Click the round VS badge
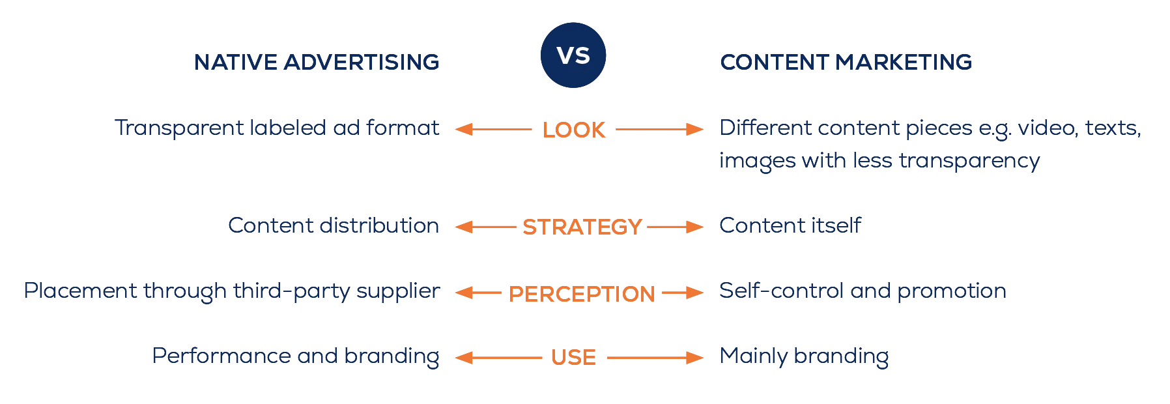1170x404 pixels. [x=573, y=55]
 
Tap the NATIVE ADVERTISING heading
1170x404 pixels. [x=317, y=63]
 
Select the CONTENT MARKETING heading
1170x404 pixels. [x=846, y=63]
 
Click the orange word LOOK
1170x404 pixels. [x=574, y=130]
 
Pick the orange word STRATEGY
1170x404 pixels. [x=582, y=227]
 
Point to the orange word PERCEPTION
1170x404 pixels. [x=582, y=294]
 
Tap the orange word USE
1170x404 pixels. [x=573, y=357]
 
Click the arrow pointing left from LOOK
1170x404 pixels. [x=493, y=129]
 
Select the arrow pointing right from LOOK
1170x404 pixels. [x=659, y=129]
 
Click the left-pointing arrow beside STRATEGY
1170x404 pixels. [x=485, y=227]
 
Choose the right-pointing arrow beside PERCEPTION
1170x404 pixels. [x=683, y=293]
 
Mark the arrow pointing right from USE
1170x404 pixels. [x=655, y=357]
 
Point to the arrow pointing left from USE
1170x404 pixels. [x=498, y=357]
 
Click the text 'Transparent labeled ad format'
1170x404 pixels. [x=277, y=128]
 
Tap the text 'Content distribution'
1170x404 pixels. [x=334, y=225]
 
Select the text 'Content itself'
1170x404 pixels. [x=790, y=225]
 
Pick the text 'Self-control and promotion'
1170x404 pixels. [x=863, y=291]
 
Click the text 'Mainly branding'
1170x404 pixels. [x=804, y=356]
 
